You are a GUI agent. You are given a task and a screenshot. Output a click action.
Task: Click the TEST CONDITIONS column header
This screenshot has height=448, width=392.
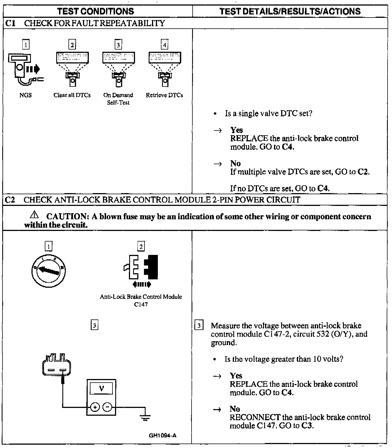click(95, 11)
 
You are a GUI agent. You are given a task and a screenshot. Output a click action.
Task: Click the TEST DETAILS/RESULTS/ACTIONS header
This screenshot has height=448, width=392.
click(290, 11)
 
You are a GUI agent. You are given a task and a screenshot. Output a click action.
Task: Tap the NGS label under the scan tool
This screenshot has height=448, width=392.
click(26, 95)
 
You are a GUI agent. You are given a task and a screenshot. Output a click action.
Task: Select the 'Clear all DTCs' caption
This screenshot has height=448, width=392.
click(72, 95)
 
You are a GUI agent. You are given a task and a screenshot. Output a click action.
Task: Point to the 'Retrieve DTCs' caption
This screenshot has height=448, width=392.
click(164, 95)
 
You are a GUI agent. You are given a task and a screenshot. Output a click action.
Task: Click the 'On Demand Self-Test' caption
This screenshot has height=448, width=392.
click(118, 99)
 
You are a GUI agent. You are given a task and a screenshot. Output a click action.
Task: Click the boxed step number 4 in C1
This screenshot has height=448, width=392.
click(165, 45)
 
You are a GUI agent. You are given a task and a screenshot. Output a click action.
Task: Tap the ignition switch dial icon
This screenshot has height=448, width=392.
click(48, 270)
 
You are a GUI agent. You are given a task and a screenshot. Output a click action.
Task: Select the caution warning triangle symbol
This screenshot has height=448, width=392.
click(35, 215)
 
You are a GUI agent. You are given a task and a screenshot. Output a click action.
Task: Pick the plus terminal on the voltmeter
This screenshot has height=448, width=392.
click(95, 407)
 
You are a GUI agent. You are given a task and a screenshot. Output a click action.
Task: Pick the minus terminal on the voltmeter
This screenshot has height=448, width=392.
click(107, 407)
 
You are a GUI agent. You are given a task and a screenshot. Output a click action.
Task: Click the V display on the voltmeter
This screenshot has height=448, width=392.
click(101, 388)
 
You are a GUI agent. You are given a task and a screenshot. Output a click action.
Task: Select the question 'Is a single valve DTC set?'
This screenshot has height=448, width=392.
click(268, 114)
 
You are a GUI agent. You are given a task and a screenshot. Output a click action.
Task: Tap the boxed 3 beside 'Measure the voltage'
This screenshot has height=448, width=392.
click(199, 326)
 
